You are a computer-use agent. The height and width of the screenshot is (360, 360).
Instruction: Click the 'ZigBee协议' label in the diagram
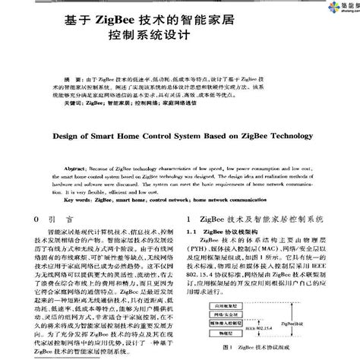293,322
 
